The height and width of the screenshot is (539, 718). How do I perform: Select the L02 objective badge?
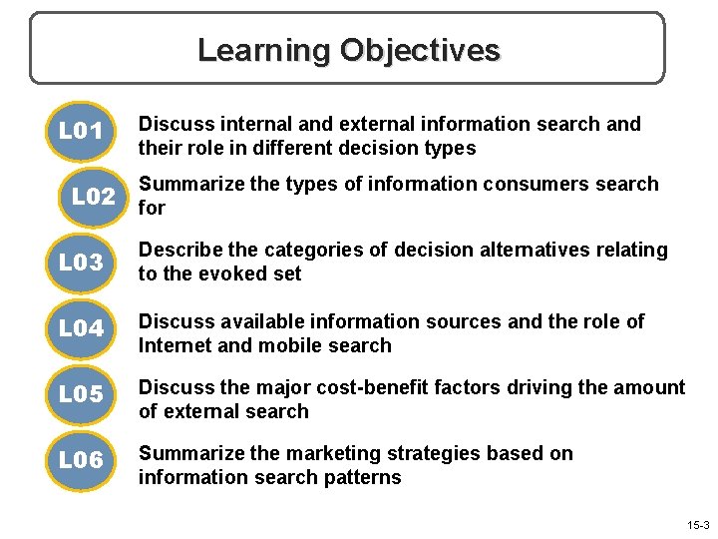[x=93, y=197]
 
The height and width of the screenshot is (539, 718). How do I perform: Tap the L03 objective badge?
[x=80, y=264]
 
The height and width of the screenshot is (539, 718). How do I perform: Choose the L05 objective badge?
[x=80, y=395]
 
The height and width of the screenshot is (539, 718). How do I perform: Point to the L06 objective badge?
[x=80, y=460]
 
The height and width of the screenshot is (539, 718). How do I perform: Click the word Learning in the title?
[x=263, y=50]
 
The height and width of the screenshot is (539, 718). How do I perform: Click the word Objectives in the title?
[x=420, y=50]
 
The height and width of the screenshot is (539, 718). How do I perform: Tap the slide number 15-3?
[x=698, y=525]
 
